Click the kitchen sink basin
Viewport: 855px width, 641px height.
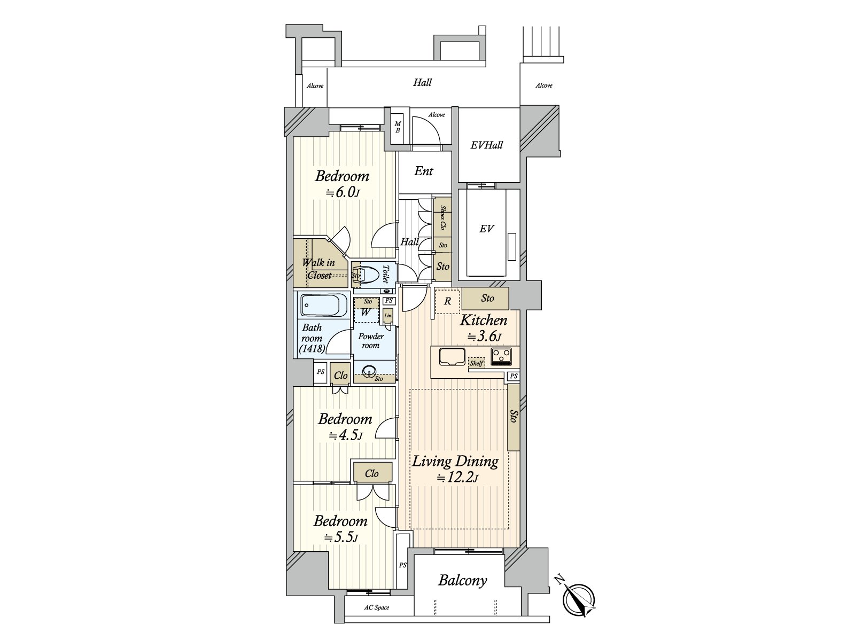[452, 356]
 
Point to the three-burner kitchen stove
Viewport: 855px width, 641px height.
[502, 356]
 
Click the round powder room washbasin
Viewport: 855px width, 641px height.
[368, 372]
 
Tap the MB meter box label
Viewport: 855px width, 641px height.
[398, 127]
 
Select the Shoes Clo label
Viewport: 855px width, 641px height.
[442, 217]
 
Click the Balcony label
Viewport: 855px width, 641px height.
[462, 581]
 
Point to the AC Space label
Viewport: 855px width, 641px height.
[376, 607]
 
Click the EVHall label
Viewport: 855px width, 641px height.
[486, 145]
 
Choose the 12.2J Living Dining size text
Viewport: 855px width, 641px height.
[457, 478]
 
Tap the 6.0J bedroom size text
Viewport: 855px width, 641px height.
[343, 192]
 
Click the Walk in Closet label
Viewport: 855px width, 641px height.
[318, 269]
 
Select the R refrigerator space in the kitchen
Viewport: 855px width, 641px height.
[448, 301]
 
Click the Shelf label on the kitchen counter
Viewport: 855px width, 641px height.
[476, 363]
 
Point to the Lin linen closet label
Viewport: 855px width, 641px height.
[388, 316]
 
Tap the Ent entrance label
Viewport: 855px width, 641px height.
[424, 171]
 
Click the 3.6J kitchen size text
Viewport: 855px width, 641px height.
[484, 336]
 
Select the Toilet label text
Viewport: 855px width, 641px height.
[385, 274]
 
